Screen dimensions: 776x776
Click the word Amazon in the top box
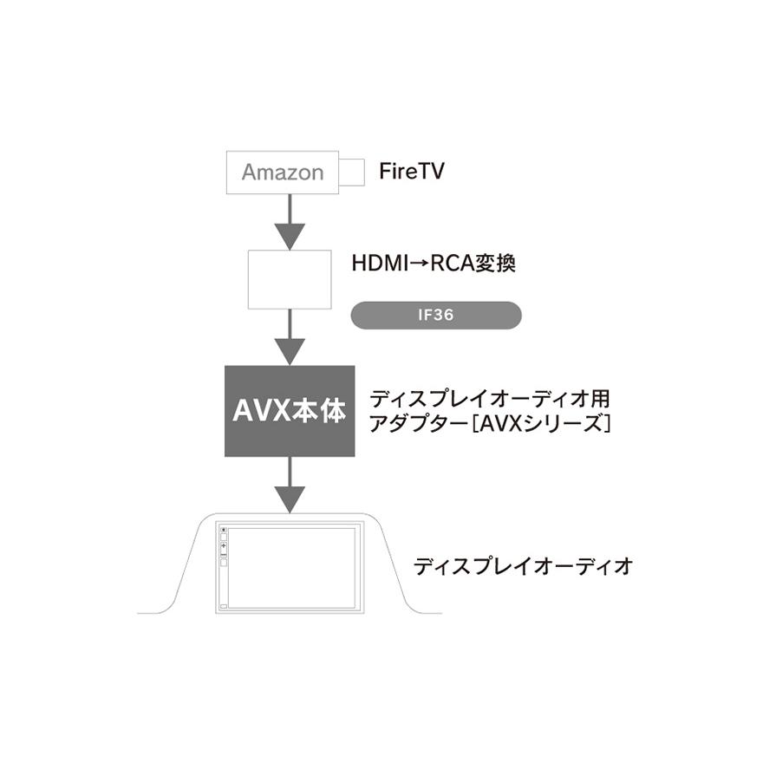282,172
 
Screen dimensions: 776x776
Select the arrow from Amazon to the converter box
290,222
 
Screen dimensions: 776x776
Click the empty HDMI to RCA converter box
290,279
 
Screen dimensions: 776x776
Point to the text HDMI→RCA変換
434,264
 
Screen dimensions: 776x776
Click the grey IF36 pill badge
435,316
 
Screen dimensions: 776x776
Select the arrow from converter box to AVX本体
290,338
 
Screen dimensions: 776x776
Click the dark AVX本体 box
290,411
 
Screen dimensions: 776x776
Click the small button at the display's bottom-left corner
224,605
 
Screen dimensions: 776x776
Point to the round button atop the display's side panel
223,530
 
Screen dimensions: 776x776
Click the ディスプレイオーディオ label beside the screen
523,567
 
